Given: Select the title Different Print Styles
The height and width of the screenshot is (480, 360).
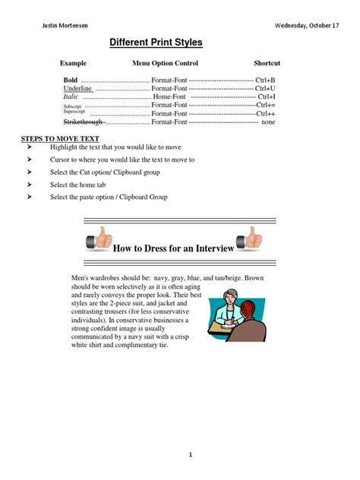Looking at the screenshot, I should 156,43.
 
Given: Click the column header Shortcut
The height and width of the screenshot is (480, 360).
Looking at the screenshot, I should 267,63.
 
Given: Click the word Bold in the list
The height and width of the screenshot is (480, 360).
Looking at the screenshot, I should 71,79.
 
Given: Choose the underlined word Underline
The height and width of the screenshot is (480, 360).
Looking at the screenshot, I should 77,88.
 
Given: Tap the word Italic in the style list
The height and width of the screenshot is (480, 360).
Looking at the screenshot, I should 71,97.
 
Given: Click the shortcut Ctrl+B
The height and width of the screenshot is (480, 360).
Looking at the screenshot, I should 266,79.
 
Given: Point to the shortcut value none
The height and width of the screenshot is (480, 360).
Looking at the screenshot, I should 268,122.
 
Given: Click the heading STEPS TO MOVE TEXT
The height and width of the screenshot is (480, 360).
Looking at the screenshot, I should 60,140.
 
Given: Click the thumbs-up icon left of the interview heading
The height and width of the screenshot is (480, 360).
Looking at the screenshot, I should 99,241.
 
